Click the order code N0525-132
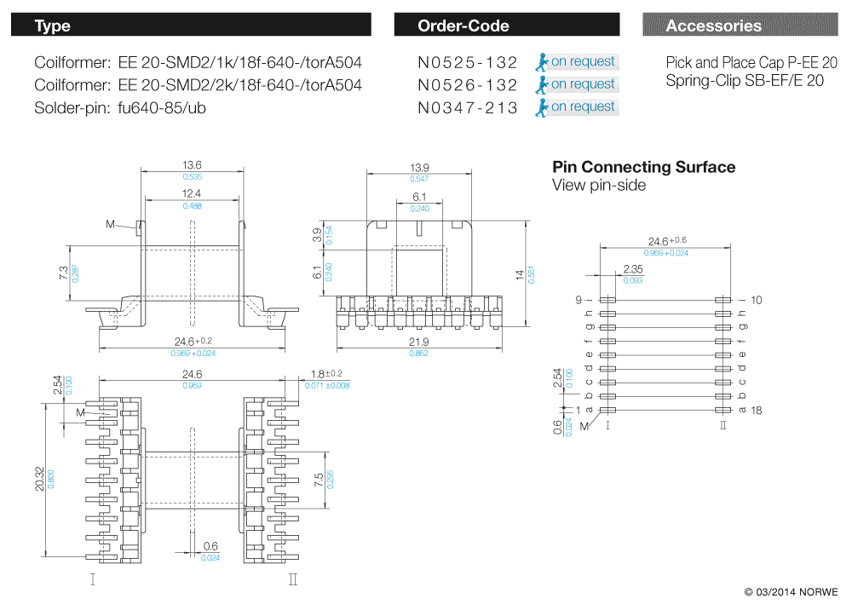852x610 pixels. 467,62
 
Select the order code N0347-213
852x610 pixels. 467,108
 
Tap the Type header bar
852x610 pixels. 191,26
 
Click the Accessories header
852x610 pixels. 740,26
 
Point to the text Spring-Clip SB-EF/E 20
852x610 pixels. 745,81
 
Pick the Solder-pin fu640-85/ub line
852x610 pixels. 120,108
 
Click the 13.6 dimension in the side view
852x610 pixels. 192,165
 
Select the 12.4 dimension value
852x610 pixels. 192,195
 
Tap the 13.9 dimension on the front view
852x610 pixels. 419,167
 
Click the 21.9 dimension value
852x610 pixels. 419,342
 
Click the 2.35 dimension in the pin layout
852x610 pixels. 632,269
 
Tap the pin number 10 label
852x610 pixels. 756,300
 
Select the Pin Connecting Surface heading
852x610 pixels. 643,167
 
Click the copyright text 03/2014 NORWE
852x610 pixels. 791,591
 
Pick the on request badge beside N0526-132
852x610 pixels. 577,84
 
